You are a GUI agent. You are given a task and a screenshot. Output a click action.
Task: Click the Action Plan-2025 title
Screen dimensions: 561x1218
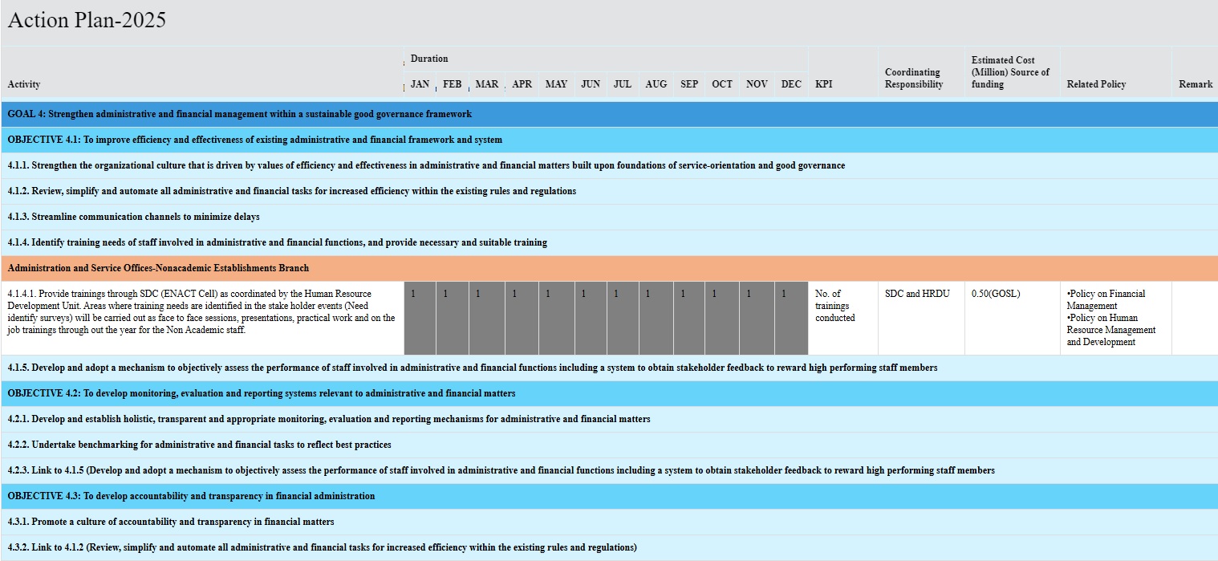(x=87, y=21)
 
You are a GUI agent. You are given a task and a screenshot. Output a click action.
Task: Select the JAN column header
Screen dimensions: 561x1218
(x=420, y=84)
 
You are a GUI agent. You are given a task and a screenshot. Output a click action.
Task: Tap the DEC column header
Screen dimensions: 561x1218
(x=791, y=84)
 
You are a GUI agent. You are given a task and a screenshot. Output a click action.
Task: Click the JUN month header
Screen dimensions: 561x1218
(x=591, y=84)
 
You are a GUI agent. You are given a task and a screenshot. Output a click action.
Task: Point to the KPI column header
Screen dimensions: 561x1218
(x=823, y=84)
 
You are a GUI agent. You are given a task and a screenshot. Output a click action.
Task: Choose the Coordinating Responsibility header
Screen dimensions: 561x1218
(x=914, y=78)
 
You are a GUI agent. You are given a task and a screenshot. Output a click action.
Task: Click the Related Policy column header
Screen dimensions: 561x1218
(x=1096, y=84)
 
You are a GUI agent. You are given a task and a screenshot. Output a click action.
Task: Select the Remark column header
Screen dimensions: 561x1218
(x=1196, y=84)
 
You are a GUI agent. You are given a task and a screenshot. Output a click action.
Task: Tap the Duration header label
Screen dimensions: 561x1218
(x=429, y=59)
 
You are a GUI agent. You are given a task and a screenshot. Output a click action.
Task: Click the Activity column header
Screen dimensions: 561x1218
(x=24, y=84)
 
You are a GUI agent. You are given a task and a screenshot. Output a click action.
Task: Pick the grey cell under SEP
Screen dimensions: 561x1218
(x=689, y=318)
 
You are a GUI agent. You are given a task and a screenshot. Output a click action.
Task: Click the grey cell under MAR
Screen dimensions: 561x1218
(x=486, y=318)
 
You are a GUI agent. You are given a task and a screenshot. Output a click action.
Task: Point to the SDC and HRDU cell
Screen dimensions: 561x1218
(x=917, y=294)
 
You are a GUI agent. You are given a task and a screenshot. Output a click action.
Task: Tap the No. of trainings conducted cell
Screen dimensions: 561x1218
(x=834, y=306)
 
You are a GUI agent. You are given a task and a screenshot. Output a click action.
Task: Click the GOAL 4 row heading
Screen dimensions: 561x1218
(x=240, y=114)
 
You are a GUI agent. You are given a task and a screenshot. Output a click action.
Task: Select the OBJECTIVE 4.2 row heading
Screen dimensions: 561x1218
(x=262, y=393)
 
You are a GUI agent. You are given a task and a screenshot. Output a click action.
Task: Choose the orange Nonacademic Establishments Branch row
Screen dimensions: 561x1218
(x=158, y=268)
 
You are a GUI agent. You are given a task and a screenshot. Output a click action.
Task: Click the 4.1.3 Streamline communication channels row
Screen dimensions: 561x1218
(x=134, y=217)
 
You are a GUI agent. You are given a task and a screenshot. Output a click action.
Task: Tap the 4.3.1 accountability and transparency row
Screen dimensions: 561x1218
(x=171, y=522)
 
